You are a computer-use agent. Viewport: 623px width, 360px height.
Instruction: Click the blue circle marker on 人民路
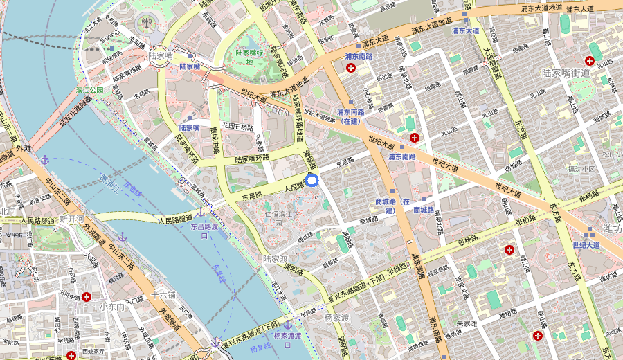coord(311,181)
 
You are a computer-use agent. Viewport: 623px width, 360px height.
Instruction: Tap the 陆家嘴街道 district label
coord(566,73)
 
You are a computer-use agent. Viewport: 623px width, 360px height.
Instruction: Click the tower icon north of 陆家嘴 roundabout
coord(147,21)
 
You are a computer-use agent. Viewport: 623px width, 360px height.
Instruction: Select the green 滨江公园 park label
coord(89,90)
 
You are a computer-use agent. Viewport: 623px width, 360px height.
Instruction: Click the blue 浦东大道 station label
coord(465,30)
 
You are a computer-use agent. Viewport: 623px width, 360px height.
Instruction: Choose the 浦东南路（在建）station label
coord(350,116)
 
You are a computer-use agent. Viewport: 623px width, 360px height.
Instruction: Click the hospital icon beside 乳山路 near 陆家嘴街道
coord(593,60)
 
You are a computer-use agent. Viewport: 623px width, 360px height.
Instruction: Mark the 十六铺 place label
coord(163,295)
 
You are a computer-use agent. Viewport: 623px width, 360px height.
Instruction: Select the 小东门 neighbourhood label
coord(111,306)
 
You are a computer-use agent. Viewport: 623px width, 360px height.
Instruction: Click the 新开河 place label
coord(71,219)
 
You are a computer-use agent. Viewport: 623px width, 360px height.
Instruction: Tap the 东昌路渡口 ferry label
coord(204,231)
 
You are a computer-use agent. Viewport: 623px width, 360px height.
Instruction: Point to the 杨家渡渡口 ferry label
coord(287,336)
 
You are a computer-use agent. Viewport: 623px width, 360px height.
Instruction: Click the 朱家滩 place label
coord(467,323)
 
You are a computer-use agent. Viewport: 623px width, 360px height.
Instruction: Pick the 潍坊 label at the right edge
coord(612,228)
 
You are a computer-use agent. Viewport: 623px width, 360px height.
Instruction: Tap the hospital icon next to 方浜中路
coord(87,297)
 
